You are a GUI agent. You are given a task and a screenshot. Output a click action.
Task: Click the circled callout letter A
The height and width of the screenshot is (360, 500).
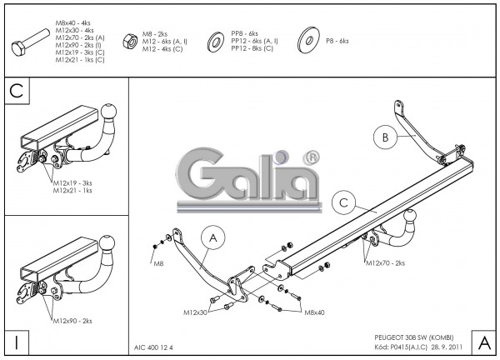(x=213, y=239)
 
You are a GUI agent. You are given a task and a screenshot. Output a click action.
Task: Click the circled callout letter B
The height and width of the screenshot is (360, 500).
(x=384, y=139)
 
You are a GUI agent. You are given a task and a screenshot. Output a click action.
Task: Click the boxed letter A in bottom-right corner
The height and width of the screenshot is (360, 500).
(x=482, y=342)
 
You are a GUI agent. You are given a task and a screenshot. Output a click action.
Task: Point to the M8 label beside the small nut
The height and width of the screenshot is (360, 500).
(x=158, y=262)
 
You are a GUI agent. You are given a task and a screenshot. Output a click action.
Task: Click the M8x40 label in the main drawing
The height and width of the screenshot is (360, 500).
(x=314, y=312)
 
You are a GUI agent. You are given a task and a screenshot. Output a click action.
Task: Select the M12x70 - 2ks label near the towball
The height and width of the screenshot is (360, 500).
(x=384, y=263)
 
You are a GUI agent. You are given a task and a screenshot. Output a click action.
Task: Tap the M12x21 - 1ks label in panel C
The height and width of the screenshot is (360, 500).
(x=72, y=190)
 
